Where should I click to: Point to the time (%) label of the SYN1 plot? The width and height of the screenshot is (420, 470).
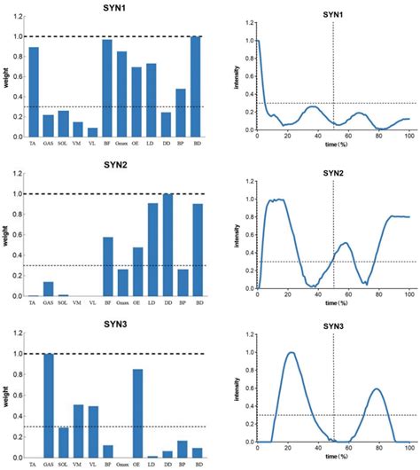coord(332,145)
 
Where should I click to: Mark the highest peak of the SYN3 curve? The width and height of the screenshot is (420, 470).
coord(290,353)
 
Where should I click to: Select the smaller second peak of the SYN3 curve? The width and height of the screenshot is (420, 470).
coord(376,389)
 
